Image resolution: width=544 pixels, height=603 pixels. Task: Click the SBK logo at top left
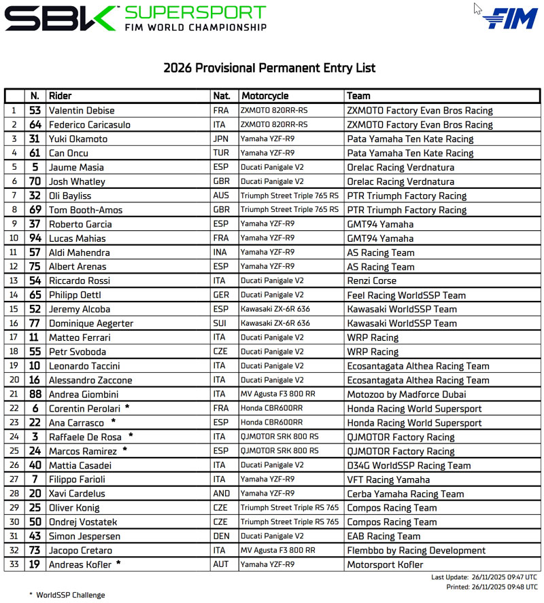(x=61, y=18)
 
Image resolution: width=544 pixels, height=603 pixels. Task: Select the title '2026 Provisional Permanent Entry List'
(x=269, y=68)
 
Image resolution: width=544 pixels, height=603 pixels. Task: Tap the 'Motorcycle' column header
(x=265, y=96)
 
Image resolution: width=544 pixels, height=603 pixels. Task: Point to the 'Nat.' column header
(x=222, y=96)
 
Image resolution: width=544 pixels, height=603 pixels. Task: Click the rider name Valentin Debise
(x=82, y=110)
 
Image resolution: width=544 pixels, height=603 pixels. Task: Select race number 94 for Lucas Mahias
(x=35, y=238)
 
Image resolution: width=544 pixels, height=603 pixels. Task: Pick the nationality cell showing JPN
(x=222, y=139)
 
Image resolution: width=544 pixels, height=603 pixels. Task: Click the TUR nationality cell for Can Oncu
(x=222, y=153)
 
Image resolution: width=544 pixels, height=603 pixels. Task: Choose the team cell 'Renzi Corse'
(x=371, y=280)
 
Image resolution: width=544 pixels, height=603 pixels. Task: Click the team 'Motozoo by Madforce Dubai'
(x=407, y=395)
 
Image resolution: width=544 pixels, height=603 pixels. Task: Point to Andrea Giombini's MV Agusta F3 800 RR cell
(x=279, y=395)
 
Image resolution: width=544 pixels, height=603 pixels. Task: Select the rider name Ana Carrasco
(x=75, y=422)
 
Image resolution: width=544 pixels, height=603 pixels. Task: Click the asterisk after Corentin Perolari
(x=127, y=407)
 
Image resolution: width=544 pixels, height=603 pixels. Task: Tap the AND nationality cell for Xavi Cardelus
(x=222, y=494)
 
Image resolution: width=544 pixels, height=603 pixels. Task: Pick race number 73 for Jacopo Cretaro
(x=35, y=550)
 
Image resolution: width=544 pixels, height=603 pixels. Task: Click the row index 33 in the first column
(x=14, y=564)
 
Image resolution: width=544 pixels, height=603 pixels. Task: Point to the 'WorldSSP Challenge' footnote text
(x=71, y=595)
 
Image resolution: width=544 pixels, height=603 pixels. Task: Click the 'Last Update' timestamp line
(x=484, y=577)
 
